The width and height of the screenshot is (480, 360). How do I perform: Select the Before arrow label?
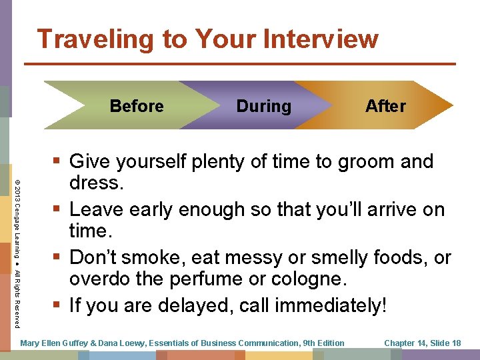tap(137, 106)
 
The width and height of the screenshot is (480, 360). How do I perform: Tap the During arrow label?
tap(263, 106)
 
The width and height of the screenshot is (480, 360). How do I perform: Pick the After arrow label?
tap(385, 106)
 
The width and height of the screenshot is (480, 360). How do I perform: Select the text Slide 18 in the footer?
tap(444, 343)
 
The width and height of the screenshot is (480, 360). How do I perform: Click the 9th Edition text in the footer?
tap(323, 343)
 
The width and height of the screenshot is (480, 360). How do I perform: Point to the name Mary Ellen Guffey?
tap(57, 343)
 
